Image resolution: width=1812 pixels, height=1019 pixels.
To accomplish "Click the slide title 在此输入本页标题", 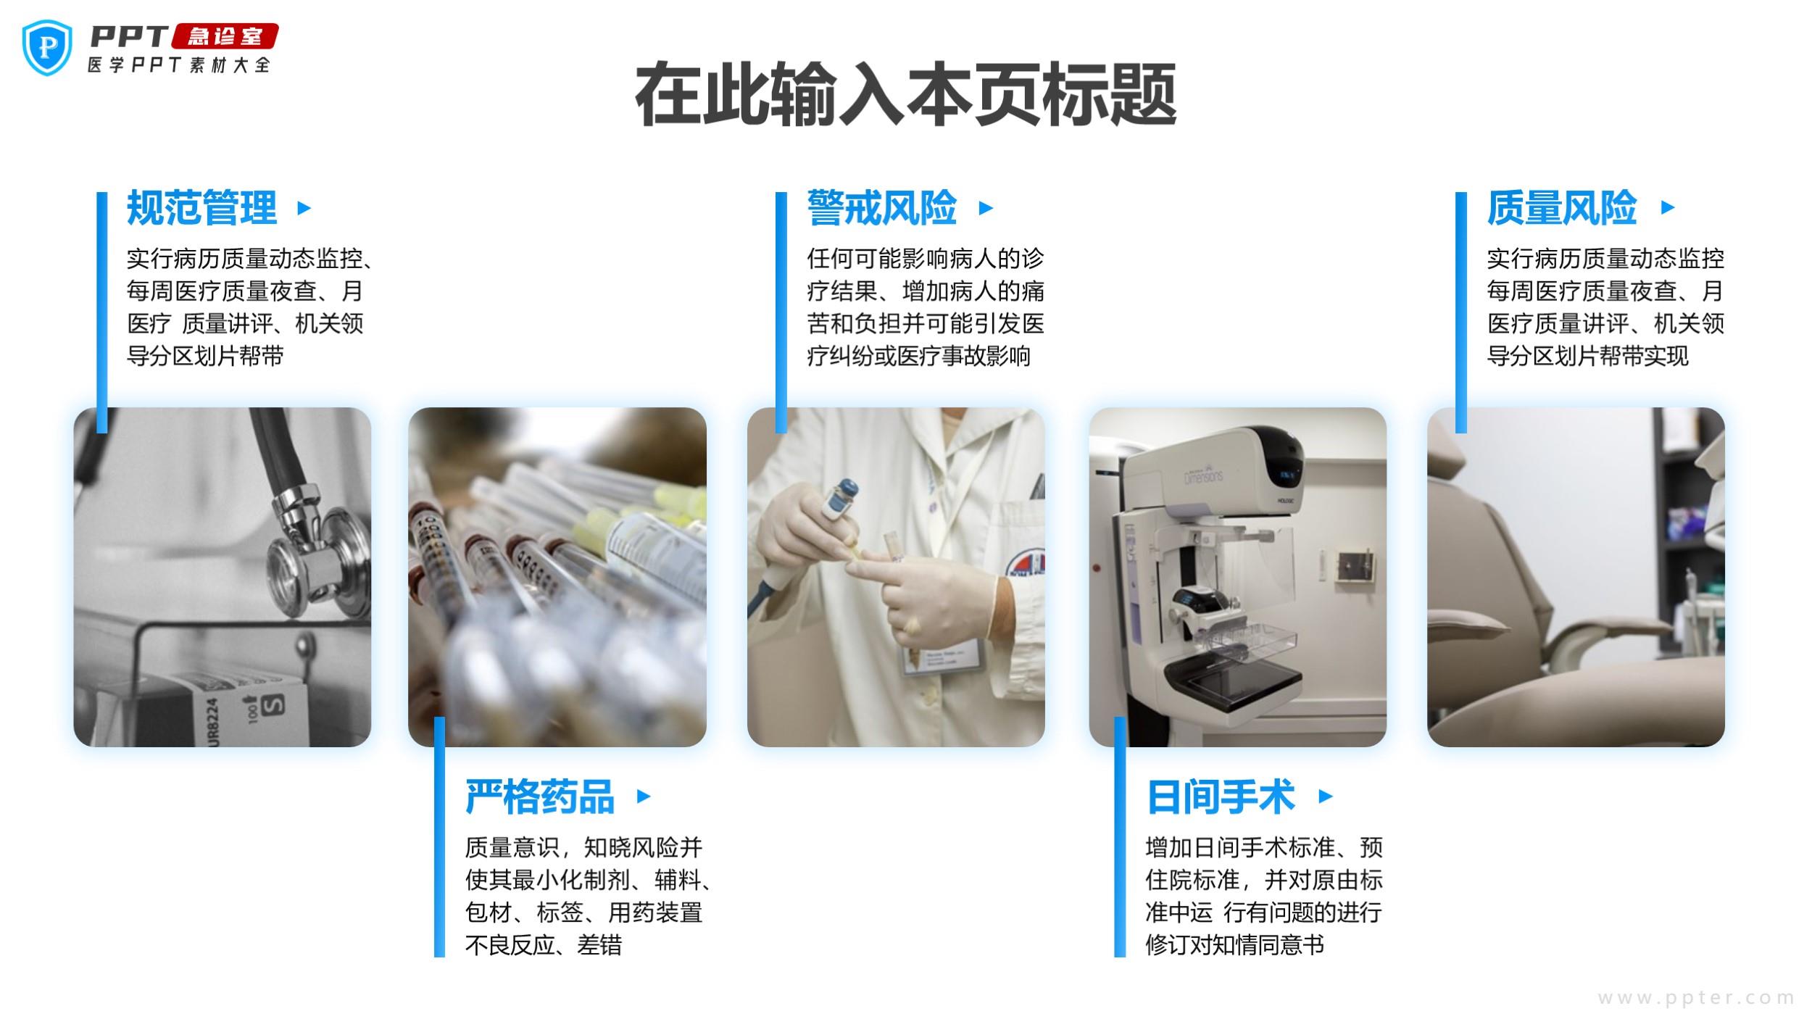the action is pos(905,95).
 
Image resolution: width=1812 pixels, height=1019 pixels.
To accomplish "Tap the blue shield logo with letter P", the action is pos(48,47).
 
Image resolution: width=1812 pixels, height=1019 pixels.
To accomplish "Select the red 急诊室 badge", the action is pos(224,36).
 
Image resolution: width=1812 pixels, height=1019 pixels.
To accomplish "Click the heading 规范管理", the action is pos(201,208).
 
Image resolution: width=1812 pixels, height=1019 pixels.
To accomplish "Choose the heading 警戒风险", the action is pos(882,208).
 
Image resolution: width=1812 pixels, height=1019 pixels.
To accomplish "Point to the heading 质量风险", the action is pos(1562,208).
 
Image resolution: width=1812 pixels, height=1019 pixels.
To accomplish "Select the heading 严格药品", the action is pos(540,797).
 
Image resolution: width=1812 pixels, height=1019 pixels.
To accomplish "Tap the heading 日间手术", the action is pos(1221,797).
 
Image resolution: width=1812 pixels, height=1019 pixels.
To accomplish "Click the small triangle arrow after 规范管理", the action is pos(304,208).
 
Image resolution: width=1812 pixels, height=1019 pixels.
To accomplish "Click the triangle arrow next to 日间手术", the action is pos(1326,796).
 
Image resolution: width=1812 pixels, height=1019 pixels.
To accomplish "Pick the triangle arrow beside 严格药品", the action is pos(644,796).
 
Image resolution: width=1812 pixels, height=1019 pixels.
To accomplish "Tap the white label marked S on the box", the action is pos(274,704).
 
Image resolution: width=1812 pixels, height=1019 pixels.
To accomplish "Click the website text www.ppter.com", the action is pos(1697,998).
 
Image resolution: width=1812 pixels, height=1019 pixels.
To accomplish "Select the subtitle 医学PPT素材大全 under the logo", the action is pos(179,65).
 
